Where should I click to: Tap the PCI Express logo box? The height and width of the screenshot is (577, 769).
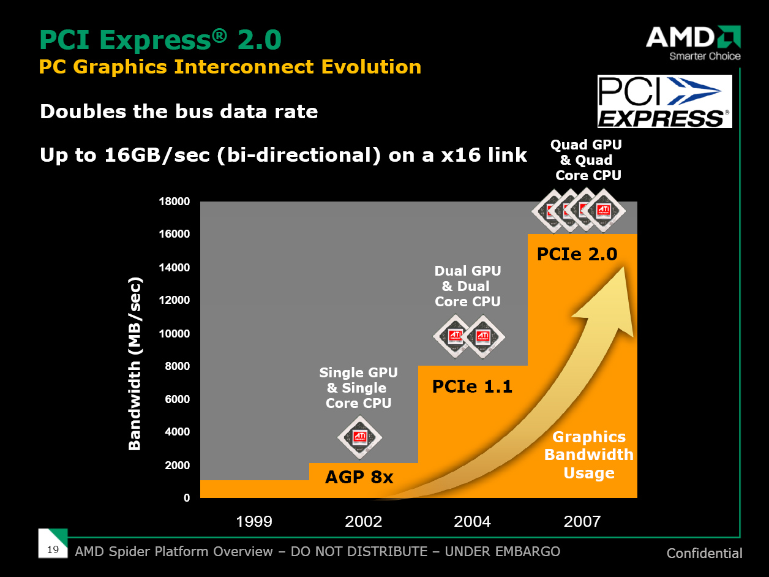664,101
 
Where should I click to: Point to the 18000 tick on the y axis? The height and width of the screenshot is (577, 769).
175,202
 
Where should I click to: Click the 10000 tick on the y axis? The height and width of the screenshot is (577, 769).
175,334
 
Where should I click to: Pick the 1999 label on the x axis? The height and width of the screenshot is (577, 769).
254,521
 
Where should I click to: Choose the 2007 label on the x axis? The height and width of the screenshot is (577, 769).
582,521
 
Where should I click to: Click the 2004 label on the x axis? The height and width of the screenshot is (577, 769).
472,521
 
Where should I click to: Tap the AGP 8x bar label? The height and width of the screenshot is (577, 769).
359,477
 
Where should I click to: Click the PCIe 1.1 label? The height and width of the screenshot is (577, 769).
472,387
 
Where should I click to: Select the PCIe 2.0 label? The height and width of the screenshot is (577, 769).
577,254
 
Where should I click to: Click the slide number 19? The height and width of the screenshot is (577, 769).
53,549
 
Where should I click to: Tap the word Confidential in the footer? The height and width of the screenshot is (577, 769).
704,553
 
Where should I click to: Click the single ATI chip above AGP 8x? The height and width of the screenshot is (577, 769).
360,437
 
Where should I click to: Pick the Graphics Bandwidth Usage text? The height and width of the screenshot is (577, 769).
589,454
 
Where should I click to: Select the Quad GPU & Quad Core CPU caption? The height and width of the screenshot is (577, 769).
586,160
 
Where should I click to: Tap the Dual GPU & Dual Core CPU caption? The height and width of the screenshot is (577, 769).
468,286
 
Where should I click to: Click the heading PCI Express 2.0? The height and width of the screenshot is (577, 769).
160,40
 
